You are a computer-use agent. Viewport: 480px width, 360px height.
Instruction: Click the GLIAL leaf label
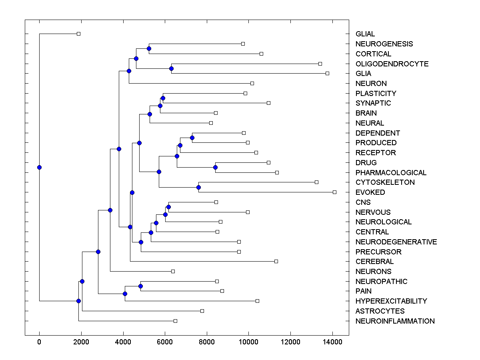coord(365,34)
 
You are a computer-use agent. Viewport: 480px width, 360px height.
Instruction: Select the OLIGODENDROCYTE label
coord(392,64)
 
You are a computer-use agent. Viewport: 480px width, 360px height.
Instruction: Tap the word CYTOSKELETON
coord(385,182)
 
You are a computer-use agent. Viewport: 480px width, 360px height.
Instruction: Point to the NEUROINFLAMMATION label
coord(395,321)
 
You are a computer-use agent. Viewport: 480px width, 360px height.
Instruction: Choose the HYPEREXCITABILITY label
coord(391,301)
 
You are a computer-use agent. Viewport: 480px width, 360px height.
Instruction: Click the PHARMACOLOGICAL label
coord(391,173)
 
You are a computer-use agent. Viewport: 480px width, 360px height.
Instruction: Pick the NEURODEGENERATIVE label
coord(396,242)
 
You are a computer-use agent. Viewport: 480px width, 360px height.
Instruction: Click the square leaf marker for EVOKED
coord(334,192)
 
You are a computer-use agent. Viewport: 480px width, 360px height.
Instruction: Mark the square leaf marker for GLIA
coord(327,73)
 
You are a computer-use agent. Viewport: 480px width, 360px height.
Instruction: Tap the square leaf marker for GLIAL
coord(79,34)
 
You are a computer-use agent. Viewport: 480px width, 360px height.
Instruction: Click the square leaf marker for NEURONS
coord(173,271)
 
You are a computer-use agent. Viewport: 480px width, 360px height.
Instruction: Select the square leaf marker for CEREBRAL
coord(276,261)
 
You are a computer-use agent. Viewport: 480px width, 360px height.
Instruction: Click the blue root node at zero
coord(39,167)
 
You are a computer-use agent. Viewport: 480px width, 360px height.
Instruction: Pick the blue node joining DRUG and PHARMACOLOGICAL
coord(215,167)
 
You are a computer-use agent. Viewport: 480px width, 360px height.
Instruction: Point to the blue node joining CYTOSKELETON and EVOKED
coord(198,187)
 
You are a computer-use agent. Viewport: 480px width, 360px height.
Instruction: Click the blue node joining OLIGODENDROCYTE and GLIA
coord(171,68)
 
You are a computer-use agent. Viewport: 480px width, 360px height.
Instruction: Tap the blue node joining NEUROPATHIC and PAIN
coord(140,286)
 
